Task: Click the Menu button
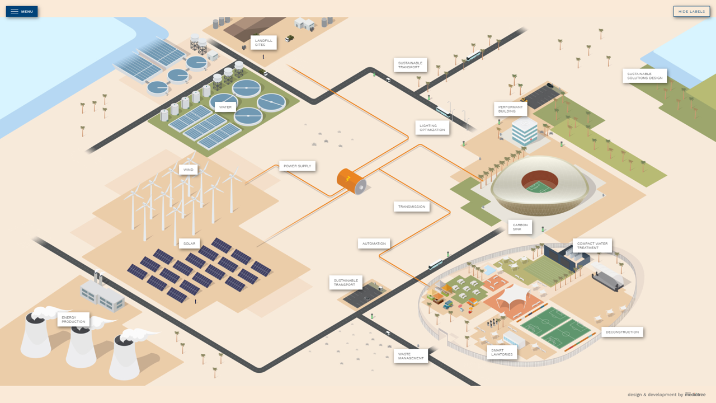(x=22, y=11)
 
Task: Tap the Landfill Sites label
(x=263, y=43)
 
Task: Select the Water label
(x=225, y=107)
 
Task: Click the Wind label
(x=189, y=170)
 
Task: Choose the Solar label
(x=190, y=243)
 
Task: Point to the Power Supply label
(x=298, y=166)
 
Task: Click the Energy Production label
(x=73, y=320)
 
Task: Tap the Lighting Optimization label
(x=432, y=128)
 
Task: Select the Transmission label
(x=412, y=207)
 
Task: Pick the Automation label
(x=374, y=243)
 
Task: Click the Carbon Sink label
(x=520, y=227)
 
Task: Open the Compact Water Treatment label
(x=592, y=246)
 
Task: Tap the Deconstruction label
(x=622, y=332)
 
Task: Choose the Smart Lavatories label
(x=502, y=353)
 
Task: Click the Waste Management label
(x=411, y=356)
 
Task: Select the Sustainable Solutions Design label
(x=644, y=76)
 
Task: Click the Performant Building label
(x=511, y=109)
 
